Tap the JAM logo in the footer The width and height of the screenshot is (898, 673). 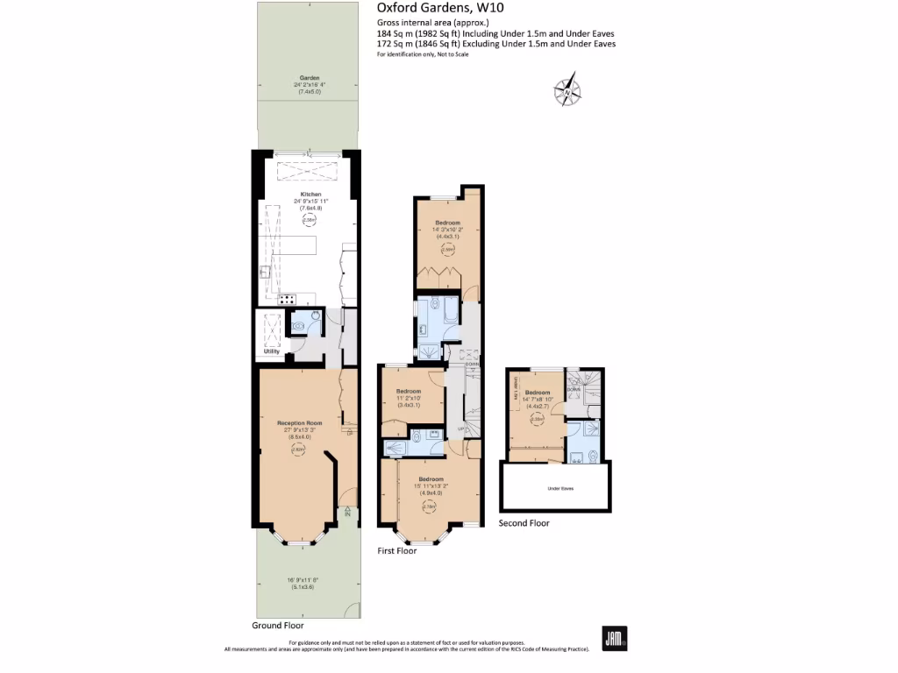point(615,638)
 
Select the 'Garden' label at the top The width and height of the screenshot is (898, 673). point(307,77)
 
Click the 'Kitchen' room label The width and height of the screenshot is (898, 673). point(310,194)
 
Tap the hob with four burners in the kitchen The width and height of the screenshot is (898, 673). point(287,300)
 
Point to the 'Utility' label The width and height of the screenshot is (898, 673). point(271,351)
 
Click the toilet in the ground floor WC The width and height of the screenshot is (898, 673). point(299,326)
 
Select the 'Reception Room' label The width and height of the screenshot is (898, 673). point(295,423)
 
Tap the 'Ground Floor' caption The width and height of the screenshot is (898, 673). point(277,626)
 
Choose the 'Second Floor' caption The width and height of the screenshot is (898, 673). point(524,523)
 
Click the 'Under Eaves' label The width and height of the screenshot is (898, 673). point(559,488)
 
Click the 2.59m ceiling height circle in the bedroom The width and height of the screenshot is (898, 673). point(447,250)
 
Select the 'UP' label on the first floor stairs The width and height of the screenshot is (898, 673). point(461,429)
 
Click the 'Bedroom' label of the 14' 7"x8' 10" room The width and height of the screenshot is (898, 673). point(537,393)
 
